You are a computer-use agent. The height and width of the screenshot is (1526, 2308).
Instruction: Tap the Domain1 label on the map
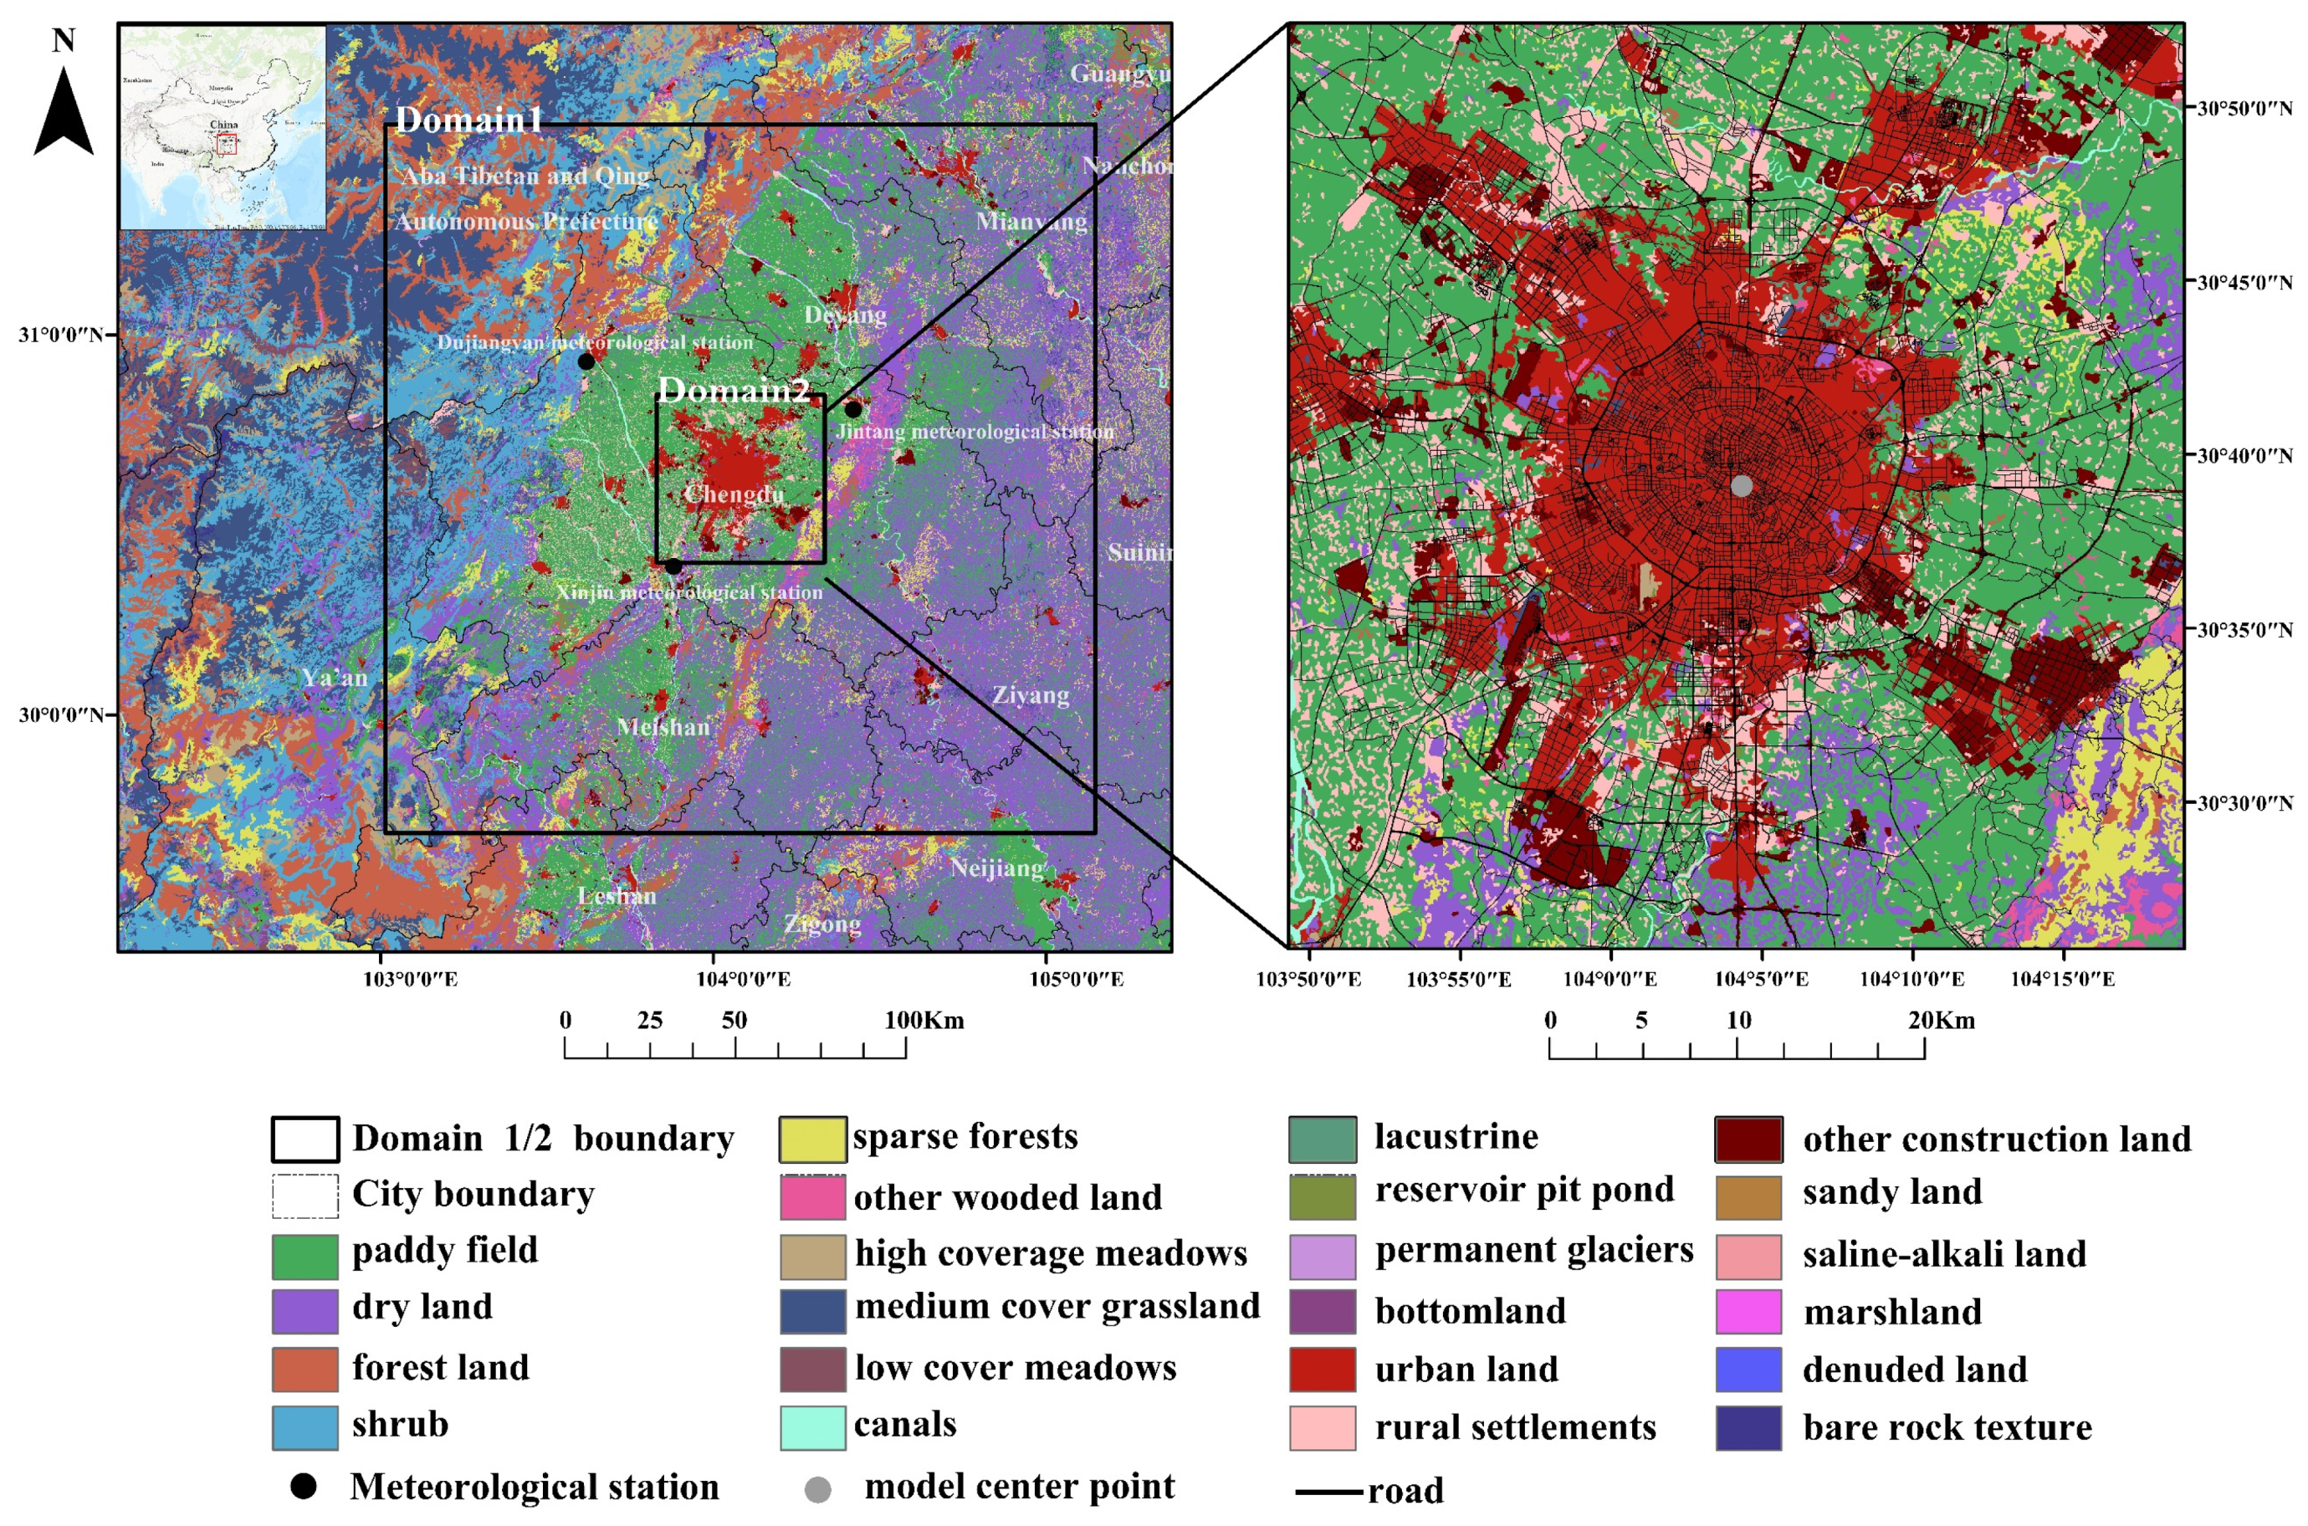pos(468,120)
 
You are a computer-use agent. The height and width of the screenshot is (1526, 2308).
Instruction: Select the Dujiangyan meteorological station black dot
pos(586,362)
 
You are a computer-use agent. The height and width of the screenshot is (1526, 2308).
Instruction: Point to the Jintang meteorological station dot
pos(853,410)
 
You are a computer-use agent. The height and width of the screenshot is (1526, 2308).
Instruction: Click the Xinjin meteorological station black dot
pos(673,566)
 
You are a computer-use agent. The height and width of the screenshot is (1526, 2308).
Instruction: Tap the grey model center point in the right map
pos(1742,484)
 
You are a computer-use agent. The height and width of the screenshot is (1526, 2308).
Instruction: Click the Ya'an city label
pos(335,678)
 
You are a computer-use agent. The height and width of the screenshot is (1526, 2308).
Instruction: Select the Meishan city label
pos(663,727)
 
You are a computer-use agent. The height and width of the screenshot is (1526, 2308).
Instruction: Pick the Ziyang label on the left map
pos(1031,695)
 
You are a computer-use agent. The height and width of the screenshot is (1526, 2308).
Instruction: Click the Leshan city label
pos(617,895)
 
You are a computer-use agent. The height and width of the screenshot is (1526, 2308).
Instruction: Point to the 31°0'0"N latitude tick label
pos(59,335)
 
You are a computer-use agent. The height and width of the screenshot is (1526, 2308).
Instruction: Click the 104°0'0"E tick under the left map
pos(744,979)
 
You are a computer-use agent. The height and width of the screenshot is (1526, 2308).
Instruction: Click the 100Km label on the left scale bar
pos(924,1021)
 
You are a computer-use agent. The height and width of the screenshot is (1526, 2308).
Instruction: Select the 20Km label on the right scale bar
pos(1941,1021)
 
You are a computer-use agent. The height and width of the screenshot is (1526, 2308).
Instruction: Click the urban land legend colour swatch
pos(1323,1370)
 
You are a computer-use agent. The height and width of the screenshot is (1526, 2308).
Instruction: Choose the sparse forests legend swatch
pos(812,1139)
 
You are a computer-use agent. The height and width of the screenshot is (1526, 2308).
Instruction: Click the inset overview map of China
pos(223,127)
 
